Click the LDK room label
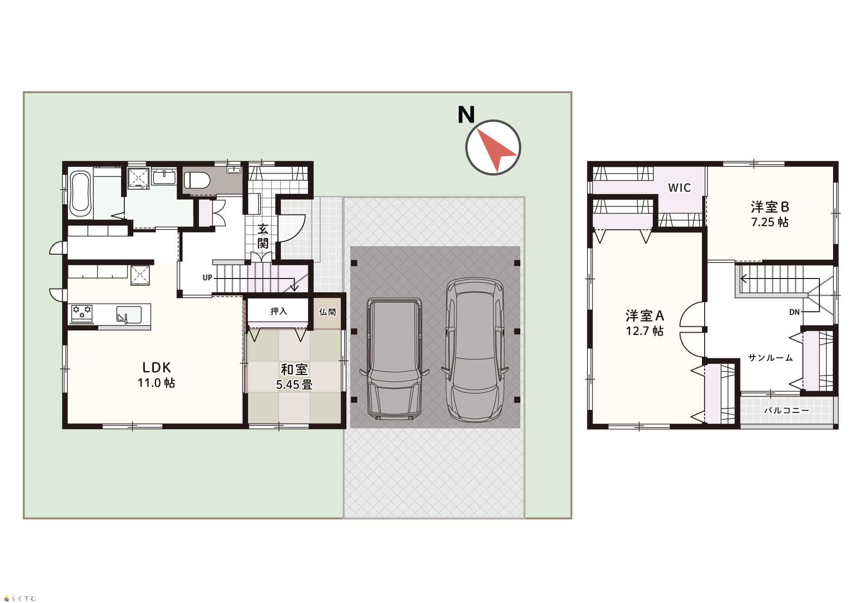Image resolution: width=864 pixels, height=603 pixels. point(157,367)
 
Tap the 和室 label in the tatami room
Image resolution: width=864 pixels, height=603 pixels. point(294,370)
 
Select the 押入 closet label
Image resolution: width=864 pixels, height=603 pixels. point(279,311)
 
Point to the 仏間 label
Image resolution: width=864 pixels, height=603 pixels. point(327,312)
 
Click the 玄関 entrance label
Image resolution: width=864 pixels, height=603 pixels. point(263,236)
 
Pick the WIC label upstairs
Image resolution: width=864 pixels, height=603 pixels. point(679,188)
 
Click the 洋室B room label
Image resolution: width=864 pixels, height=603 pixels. point(770,207)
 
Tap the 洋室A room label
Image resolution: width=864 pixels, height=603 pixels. point(645,315)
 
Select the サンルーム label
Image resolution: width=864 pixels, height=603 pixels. point(770,358)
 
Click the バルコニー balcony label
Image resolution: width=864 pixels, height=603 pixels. point(787,410)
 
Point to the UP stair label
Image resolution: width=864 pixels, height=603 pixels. point(207,278)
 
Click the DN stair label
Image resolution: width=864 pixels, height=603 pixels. point(794,312)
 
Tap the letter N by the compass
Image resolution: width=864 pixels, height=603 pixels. point(466,115)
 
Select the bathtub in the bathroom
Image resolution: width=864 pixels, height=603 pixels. point(81,195)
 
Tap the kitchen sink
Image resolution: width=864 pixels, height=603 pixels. point(129,314)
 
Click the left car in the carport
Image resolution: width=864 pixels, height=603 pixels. point(394,359)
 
